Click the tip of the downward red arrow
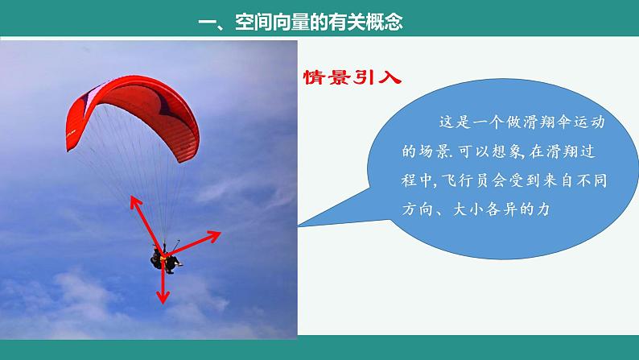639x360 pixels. click(163, 303)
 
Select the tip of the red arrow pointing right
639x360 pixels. click(220, 234)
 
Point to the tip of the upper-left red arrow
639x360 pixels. click(130, 196)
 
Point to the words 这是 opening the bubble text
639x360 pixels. click(448, 122)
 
